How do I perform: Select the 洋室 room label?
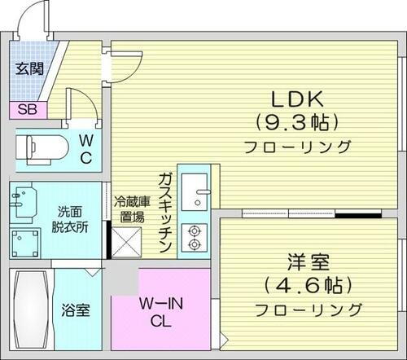[307, 264]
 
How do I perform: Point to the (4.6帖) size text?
[307, 286]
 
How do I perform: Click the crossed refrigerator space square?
[128, 244]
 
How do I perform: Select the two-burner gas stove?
[195, 235]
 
